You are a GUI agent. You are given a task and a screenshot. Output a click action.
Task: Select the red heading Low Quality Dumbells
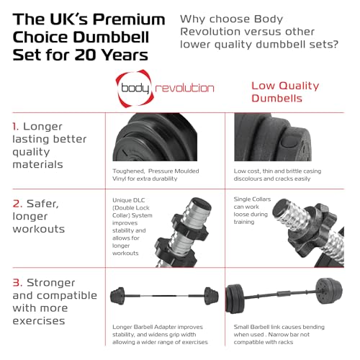click(286, 91)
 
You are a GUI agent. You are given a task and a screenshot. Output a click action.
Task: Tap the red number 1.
click(15, 126)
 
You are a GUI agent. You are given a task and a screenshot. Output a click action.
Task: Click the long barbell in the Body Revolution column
click(165, 297)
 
